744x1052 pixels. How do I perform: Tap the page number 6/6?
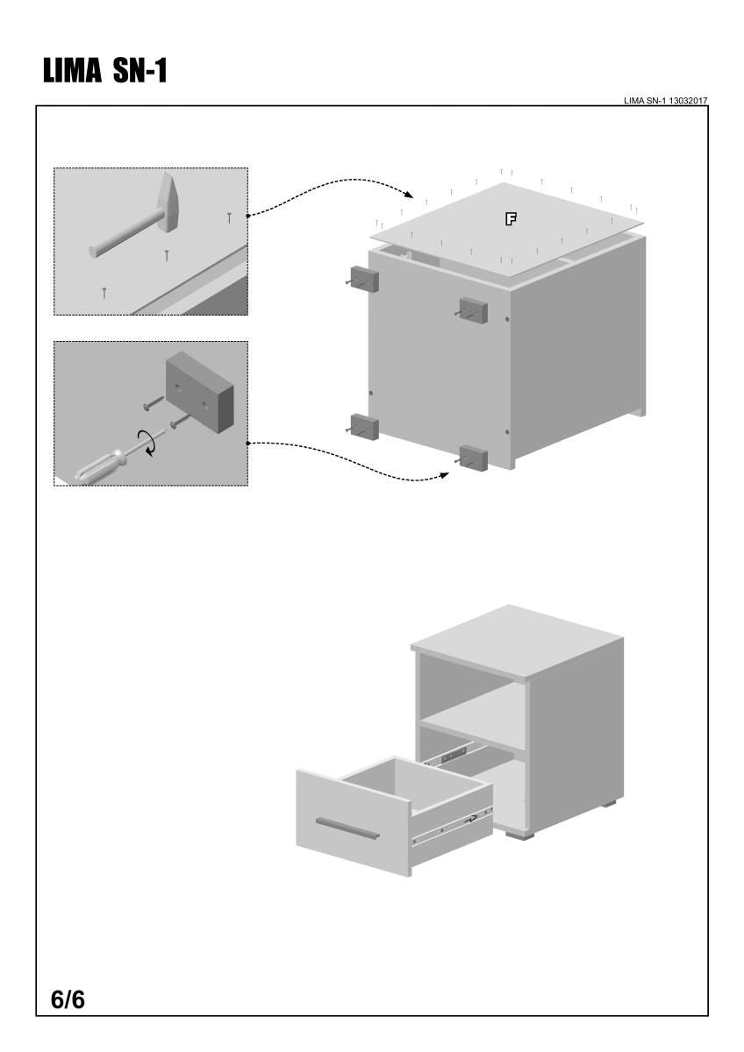pyautogui.click(x=68, y=999)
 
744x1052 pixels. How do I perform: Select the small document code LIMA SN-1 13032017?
pyautogui.click(x=665, y=101)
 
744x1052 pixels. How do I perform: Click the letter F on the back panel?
pyautogui.click(x=510, y=218)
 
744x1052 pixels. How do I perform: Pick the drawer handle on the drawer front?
pyautogui.click(x=348, y=828)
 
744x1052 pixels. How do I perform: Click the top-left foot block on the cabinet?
pyautogui.click(x=363, y=278)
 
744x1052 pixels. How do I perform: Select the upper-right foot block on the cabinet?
pyautogui.click(x=473, y=309)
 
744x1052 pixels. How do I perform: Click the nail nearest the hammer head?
pyautogui.click(x=229, y=217)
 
